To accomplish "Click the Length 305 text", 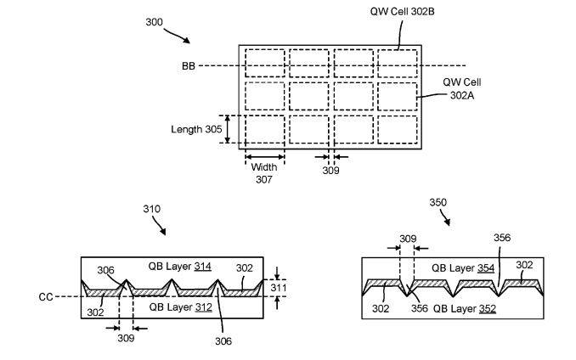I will tap(196, 129).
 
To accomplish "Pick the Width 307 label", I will tap(263, 172).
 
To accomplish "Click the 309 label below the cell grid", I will tap(330, 171).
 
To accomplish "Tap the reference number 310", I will tap(151, 208).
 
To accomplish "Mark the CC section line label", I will tap(47, 297).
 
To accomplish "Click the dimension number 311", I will tap(279, 287).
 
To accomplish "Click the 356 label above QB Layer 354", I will tap(503, 239).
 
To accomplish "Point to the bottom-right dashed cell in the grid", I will tap(397, 129).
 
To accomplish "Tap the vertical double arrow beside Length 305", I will tap(227, 129).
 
